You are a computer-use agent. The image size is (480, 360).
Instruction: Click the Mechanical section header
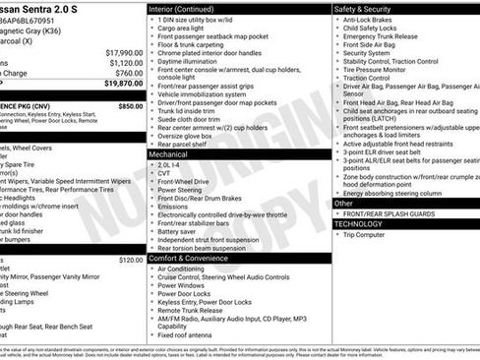click(171, 154)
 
